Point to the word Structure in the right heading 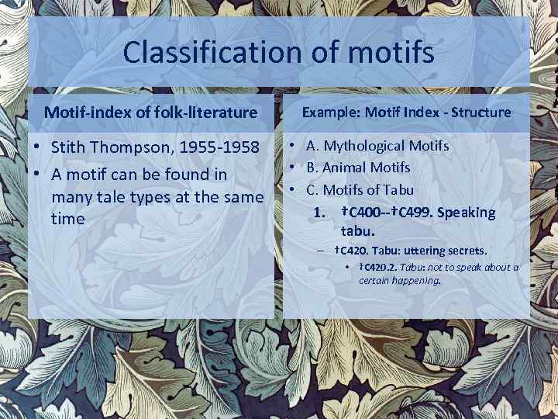tap(480, 112)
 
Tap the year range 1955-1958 tap(220, 147)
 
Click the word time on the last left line tap(67, 219)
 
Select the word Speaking tap(466, 212)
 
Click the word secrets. tap(463, 251)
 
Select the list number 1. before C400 tap(318, 212)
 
